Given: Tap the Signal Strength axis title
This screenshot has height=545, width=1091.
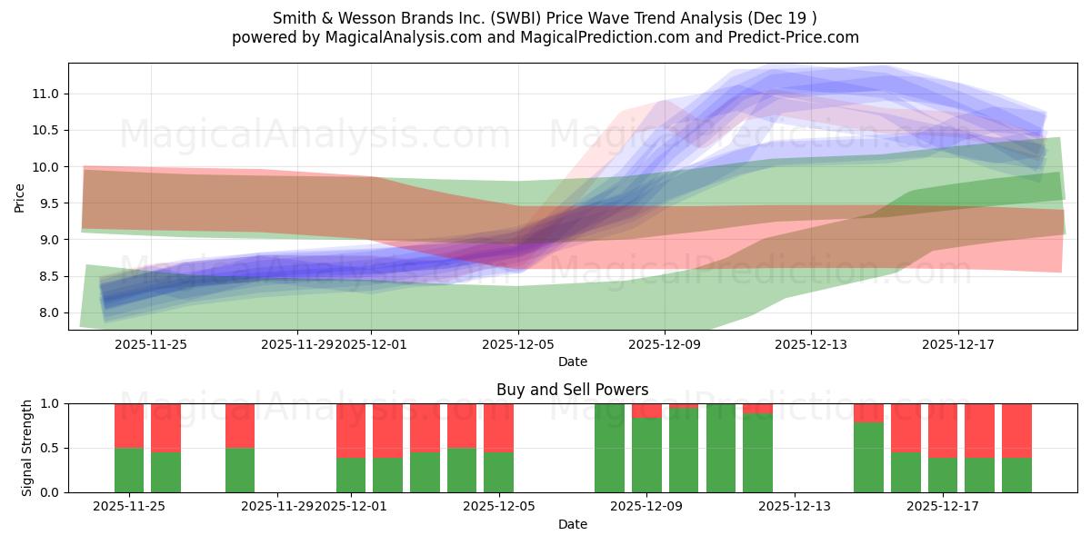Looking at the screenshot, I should click(27, 448).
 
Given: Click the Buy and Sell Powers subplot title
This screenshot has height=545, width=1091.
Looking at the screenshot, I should click(572, 390).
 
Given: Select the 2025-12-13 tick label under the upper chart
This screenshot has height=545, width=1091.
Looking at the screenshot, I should click(811, 344).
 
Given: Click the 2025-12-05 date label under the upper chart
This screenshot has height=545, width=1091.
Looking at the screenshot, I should click(518, 344).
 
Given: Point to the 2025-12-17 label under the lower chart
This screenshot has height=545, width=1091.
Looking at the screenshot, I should click(944, 506).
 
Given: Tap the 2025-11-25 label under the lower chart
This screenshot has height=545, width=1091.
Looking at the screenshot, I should click(129, 506).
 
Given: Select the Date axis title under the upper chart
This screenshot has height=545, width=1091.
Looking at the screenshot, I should click(572, 362).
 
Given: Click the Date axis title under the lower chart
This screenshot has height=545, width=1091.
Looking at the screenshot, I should click(572, 524).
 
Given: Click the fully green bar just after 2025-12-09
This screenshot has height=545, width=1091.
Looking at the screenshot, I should click(720, 448).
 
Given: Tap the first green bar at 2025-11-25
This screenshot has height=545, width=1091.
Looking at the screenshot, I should click(129, 470).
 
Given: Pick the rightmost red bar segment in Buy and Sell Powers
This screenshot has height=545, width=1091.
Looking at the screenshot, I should click(1016, 431).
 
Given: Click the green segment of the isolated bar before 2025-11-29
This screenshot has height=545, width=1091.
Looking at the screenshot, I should click(240, 470).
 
